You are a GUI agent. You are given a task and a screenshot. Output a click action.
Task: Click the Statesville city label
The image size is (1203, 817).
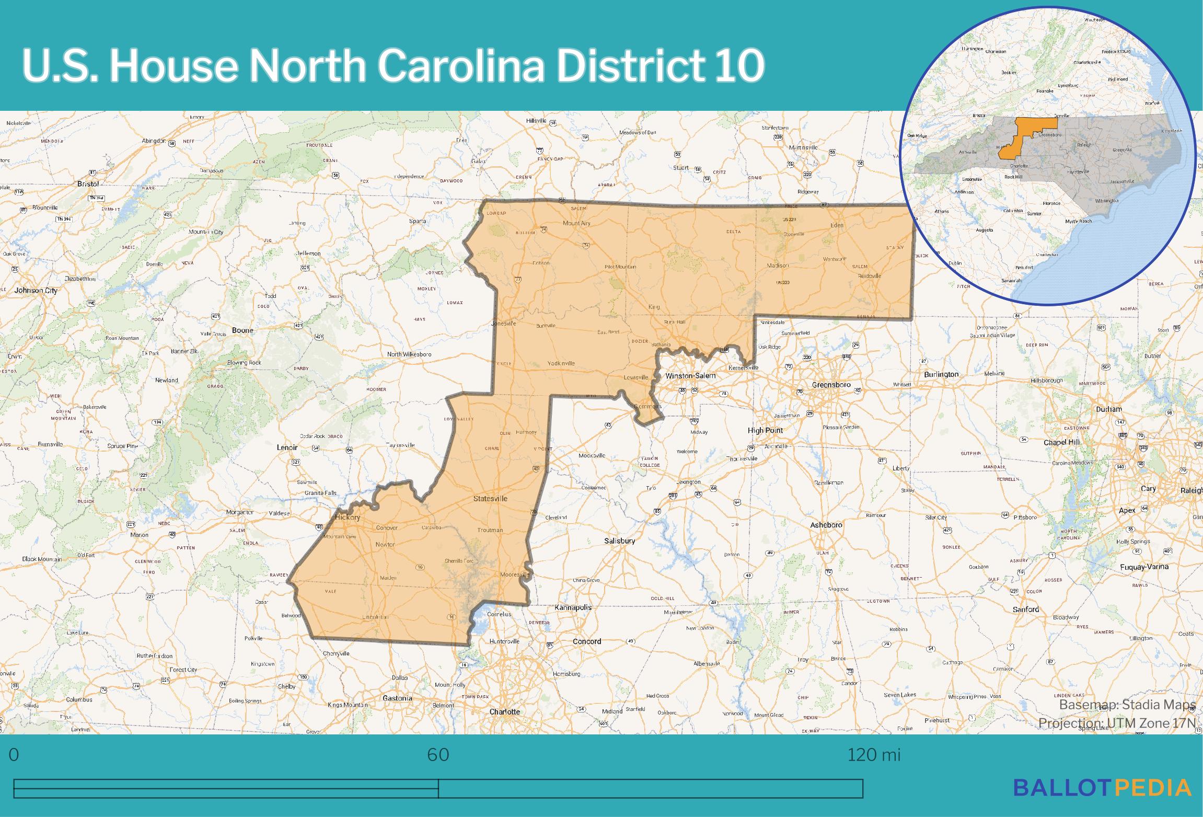tap(490, 499)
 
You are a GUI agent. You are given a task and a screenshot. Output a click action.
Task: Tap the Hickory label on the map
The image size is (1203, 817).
tap(348, 517)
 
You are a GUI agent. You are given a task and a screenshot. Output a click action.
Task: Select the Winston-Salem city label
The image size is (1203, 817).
tap(690, 376)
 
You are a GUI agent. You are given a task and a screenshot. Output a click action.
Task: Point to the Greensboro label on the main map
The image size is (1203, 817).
tap(831, 385)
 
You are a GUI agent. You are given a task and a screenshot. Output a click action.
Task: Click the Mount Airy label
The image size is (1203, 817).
tap(576, 223)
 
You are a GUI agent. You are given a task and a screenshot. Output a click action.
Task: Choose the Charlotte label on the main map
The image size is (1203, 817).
tap(505, 711)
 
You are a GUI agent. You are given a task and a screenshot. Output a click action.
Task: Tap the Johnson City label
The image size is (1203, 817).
tap(36, 290)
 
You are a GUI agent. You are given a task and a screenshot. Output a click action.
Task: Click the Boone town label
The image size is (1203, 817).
tap(242, 330)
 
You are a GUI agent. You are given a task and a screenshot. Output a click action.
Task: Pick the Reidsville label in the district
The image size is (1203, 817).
tap(870, 276)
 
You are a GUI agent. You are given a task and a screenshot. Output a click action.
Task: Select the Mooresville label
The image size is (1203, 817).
tap(515, 574)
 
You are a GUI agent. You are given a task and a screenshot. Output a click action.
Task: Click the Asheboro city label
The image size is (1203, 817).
tap(826, 525)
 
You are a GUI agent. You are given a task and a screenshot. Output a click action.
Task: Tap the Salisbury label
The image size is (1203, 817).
tap(619, 541)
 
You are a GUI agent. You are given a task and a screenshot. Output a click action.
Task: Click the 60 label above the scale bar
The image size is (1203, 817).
tap(438, 755)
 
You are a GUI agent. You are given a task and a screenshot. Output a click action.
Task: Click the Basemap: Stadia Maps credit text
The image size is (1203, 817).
tap(1127, 705)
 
